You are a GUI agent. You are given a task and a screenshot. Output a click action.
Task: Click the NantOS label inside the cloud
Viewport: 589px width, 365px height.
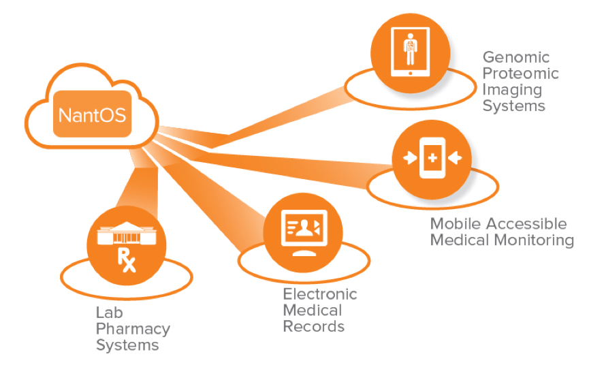tap(92, 113)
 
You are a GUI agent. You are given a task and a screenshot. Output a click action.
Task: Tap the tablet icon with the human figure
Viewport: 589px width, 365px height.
tap(411, 48)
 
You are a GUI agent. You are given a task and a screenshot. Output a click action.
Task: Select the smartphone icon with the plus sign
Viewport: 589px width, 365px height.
tap(431, 158)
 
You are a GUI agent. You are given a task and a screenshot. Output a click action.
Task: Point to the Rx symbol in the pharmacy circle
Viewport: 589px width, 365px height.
tap(127, 259)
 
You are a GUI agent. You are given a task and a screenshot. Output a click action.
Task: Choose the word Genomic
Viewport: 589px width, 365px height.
tap(515, 57)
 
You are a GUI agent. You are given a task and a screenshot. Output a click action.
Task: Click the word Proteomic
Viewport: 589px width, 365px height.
tap(520, 74)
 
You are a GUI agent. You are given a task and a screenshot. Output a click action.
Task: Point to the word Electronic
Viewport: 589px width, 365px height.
tap(319, 294)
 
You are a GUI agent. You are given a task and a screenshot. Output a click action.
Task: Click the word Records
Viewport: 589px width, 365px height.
tap(313, 326)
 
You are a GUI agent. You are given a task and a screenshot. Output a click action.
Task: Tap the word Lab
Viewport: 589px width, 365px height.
tap(108, 313)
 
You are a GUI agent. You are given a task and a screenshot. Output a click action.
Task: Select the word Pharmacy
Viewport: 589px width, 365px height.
tap(133, 329)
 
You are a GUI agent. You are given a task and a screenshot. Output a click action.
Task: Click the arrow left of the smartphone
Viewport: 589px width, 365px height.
tap(409, 158)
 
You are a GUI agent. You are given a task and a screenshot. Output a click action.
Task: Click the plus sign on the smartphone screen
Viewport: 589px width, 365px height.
tap(431, 158)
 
